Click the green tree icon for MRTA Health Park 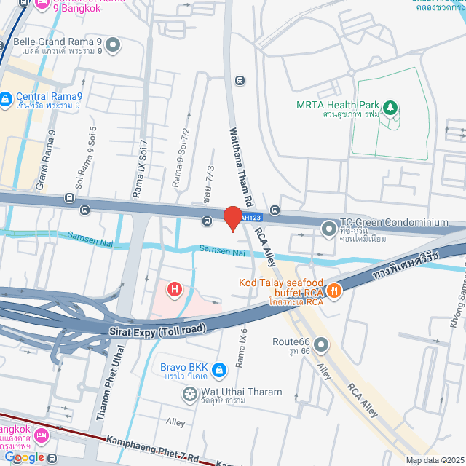pyautogui.click(x=390, y=108)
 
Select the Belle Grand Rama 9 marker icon pyautogui.click(x=113, y=46)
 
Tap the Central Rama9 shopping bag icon pyautogui.click(x=6, y=97)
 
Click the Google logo pyautogui.click(x=24, y=457)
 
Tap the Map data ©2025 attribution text pyautogui.click(x=434, y=460)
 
